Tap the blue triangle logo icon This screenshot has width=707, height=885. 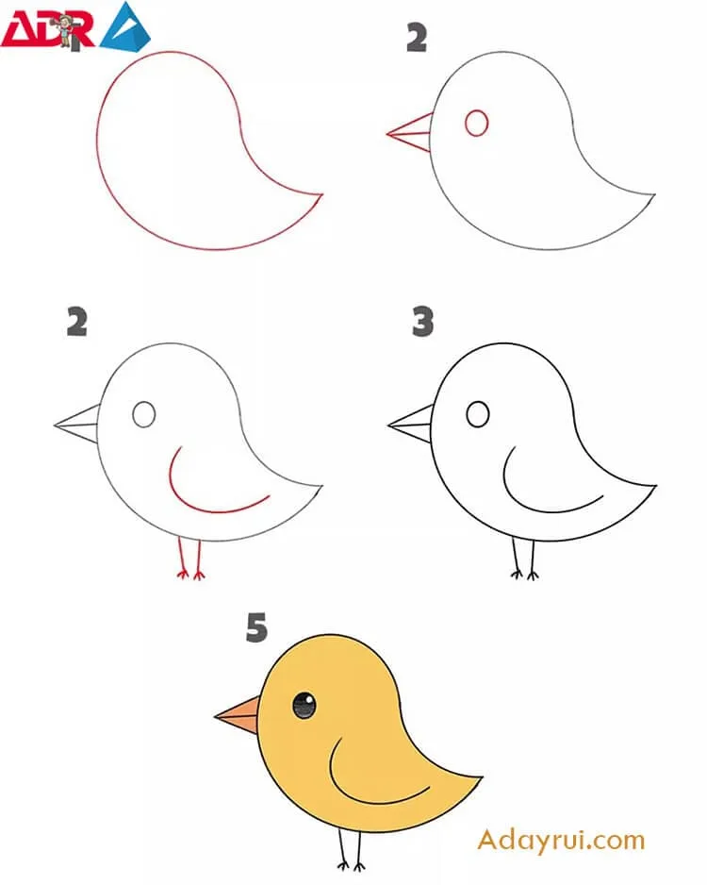tap(125, 26)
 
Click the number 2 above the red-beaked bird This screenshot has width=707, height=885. tap(417, 39)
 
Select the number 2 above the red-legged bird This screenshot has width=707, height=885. tap(77, 322)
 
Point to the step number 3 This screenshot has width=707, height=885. tap(423, 322)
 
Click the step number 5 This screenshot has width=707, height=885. tap(256, 627)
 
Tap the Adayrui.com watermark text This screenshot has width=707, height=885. tap(561, 841)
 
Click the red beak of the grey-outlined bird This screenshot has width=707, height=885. tap(410, 133)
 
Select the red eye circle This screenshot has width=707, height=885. tap(476, 123)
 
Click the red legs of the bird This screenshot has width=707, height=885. tap(190, 559)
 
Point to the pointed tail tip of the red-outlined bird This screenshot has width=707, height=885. tap(322, 194)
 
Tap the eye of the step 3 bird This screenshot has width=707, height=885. tap(478, 414)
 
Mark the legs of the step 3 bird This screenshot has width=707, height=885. tap(524, 559)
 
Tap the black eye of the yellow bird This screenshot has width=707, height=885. tap(304, 706)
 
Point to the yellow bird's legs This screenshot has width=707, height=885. tap(351, 849)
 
